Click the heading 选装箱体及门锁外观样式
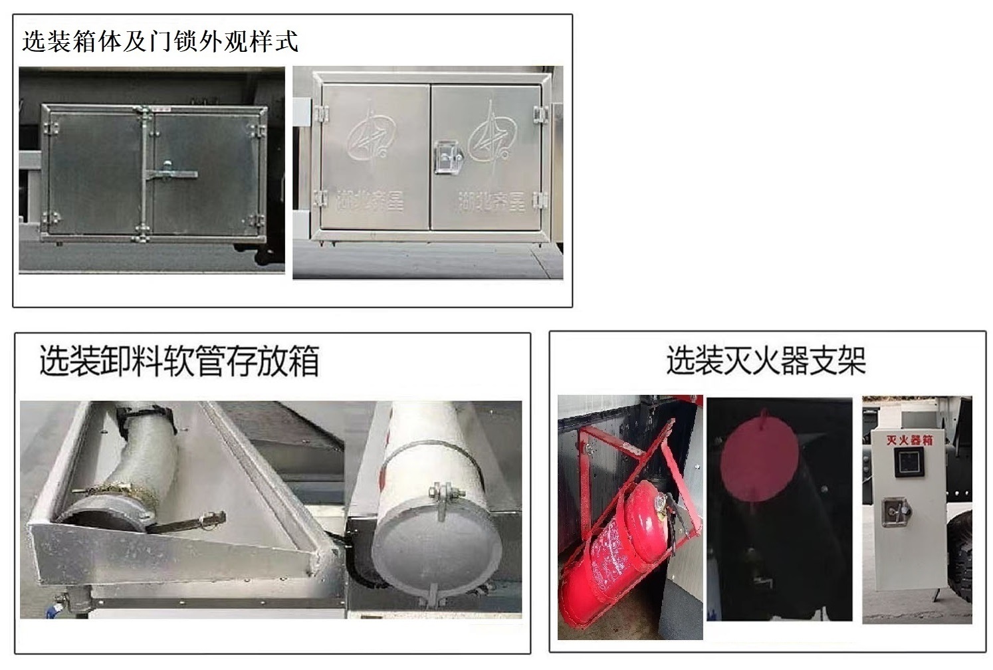(160, 41)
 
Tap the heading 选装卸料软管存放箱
(179, 361)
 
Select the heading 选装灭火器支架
(766, 361)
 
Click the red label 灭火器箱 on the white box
(909, 440)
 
